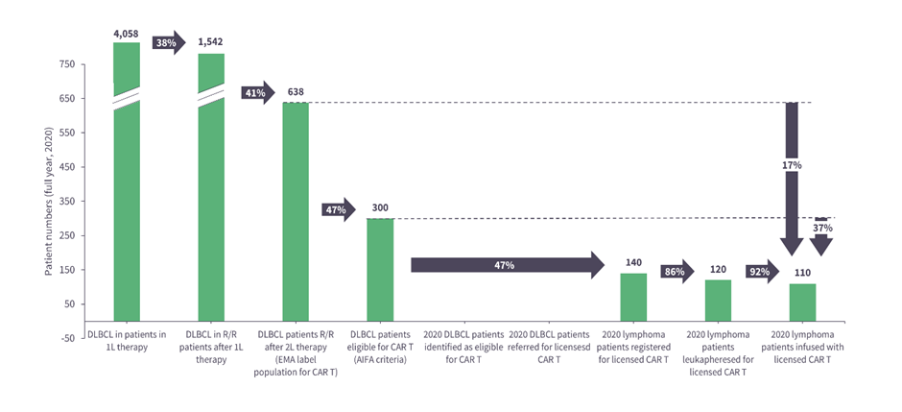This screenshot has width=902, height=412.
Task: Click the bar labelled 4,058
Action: click(127, 192)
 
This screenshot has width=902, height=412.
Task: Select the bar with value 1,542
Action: click(211, 202)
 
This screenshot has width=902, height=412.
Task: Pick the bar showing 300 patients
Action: click(380, 269)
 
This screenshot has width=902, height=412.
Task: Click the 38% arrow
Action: click(168, 43)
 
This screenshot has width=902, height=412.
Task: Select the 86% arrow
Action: click(677, 271)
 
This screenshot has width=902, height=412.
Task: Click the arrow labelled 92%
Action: click(762, 271)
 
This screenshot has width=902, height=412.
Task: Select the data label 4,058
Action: click(127, 33)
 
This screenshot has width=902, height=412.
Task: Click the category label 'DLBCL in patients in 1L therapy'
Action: click(127, 340)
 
